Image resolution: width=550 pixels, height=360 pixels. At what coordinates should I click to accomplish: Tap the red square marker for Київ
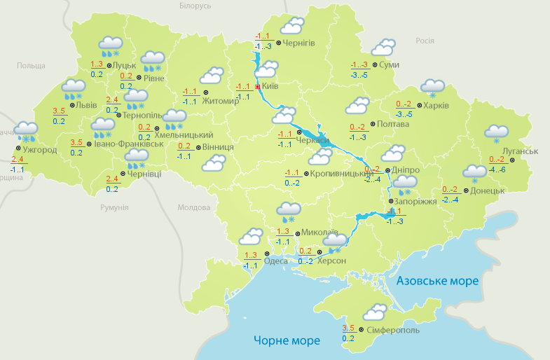click(257, 86)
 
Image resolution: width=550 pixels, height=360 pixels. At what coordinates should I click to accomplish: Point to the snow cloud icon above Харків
click(432, 88)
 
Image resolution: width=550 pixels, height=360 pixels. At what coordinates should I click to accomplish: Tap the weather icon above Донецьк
click(474, 172)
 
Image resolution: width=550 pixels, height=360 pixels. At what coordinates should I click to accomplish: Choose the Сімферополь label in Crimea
click(392, 329)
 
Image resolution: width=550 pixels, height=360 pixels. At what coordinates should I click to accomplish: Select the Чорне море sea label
click(287, 341)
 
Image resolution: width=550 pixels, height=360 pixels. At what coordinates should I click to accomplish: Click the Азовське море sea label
click(437, 281)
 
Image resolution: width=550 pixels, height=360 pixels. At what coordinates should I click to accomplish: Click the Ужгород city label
click(40, 149)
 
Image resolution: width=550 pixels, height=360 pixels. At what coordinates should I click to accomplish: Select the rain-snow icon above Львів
click(73, 88)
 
